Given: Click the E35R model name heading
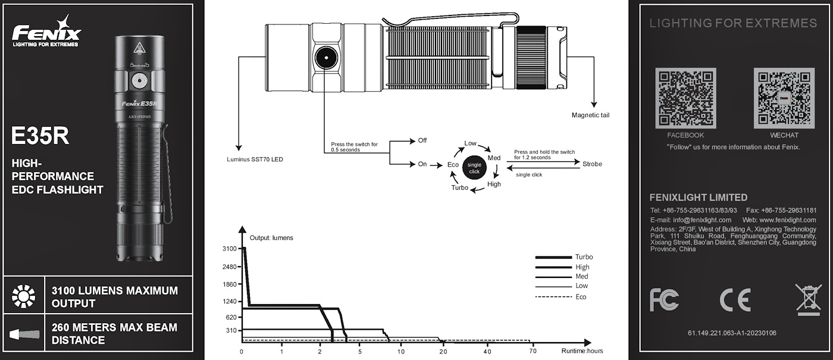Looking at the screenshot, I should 40,136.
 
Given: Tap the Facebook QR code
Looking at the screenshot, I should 685,98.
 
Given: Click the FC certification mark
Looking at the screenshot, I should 663,300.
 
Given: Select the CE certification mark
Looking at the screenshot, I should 735,300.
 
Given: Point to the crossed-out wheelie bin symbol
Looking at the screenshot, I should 807,299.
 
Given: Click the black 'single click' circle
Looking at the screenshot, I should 474,168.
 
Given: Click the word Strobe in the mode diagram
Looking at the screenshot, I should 592,164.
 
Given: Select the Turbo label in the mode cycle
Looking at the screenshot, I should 459,188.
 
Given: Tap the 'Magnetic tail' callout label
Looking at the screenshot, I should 590,115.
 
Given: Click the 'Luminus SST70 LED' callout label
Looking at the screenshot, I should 255,159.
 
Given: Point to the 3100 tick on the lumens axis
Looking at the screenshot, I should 229,249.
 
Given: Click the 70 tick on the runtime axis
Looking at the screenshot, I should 533,351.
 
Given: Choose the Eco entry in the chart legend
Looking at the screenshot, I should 581,296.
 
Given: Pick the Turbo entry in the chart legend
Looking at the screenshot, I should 584,257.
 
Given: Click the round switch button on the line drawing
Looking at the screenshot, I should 325,59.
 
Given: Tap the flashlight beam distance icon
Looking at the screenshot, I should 25,334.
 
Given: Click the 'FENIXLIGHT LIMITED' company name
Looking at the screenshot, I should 699,198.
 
